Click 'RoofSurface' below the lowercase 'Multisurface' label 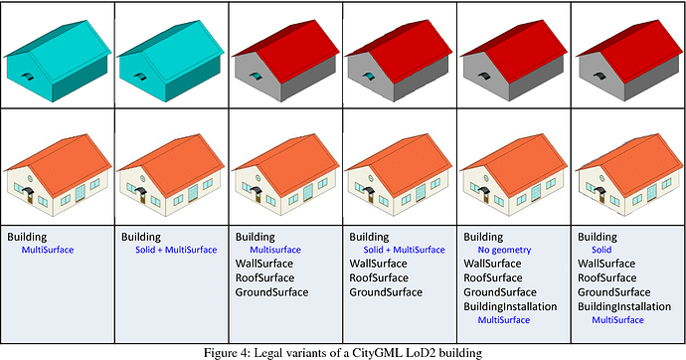coord(265,278)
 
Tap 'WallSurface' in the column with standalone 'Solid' coord(608,264)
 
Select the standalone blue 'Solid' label coord(601,250)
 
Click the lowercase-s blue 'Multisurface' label coord(274,250)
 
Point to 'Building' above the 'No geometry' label coord(484,237)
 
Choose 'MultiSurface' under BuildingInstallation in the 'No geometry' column coord(503,320)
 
